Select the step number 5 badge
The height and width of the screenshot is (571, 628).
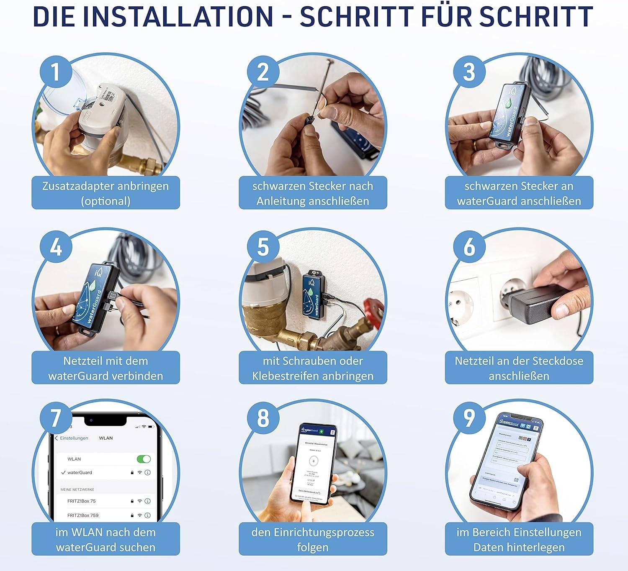[x=263, y=247]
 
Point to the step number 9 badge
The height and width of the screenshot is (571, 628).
[x=469, y=418]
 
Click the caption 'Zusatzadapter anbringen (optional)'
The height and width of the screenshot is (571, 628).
[x=106, y=193]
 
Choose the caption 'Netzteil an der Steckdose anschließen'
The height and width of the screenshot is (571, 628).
[x=519, y=368]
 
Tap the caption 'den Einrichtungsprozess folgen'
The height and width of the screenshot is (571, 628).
[x=313, y=539]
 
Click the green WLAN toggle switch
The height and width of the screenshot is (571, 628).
[x=144, y=459]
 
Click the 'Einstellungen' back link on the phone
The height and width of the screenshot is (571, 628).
[x=72, y=438]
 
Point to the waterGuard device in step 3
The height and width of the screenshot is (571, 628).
[x=508, y=113]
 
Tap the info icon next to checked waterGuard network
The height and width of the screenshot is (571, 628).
[x=147, y=473]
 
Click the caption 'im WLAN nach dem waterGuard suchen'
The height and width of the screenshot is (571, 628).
[x=106, y=539]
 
